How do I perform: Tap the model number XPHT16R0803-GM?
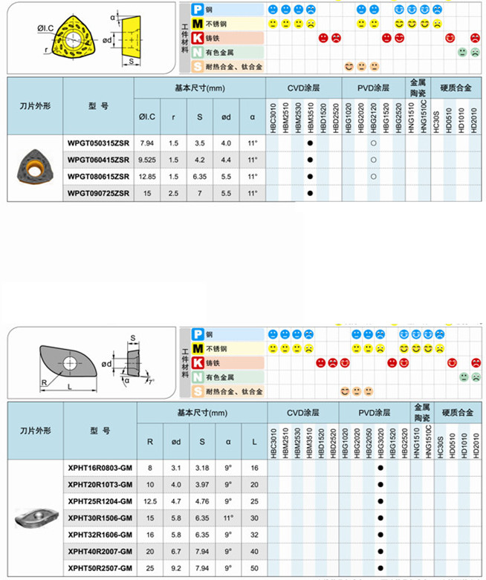pyautogui.click(x=100, y=469)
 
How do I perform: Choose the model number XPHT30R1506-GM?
pyautogui.click(x=100, y=518)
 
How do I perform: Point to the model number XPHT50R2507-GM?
pyautogui.click(x=100, y=567)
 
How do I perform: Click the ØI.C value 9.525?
pyautogui.click(x=146, y=160)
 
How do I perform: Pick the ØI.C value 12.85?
pyautogui.click(x=146, y=177)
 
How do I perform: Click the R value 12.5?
pyautogui.click(x=150, y=501)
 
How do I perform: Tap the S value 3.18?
pyautogui.click(x=202, y=469)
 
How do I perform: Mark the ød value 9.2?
pyautogui.click(x=176, y=567)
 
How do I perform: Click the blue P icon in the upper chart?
pyautogui.click(x=198, y=10)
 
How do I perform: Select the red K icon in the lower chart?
pyautogui.click(x=198, y=363)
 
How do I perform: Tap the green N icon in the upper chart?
pyautogui.click(x=198, y=53)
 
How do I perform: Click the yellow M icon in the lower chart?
pyautogui.click(x=198, y=349)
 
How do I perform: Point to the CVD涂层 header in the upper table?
pyautogui.click(x=303, y=88)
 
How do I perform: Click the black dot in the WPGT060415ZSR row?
pyautogui.click(x=311, y=160)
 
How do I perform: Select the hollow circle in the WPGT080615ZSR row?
pyautogui.click(x=373, y=177)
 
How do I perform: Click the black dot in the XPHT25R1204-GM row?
pyautogui.click(x=380, y=501)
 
